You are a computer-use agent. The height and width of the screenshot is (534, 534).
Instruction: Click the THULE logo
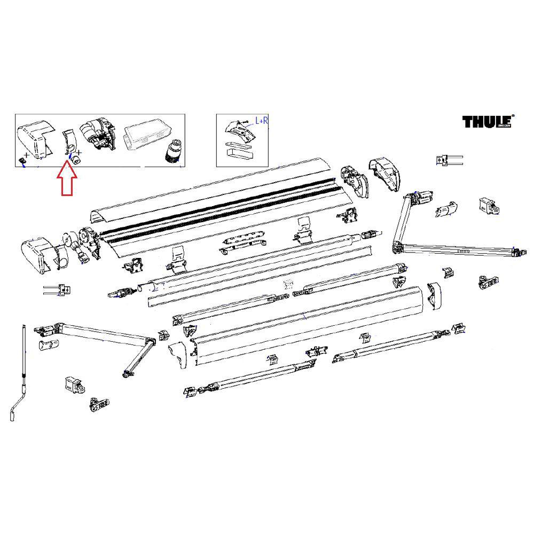click(x=487, y=122)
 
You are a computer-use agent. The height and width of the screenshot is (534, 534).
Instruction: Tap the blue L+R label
click(x=261, y=121)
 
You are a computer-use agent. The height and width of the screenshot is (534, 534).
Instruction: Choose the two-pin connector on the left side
click(x=57, y=290)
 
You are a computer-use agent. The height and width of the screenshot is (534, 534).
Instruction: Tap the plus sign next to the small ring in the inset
click(x=80, y=153)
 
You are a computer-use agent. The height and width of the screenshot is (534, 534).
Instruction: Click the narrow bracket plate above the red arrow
click(x=67, y=140)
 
